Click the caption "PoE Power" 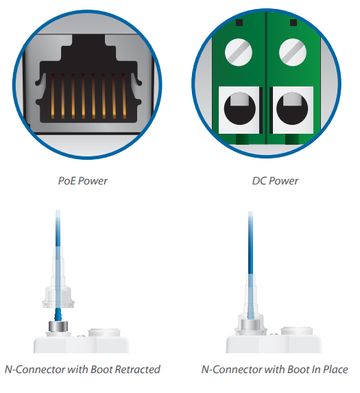click(x=83, y=180)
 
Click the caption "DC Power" click(x=275, y=180)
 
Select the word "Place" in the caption click(x=335, y=369)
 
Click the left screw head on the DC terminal click(x=238, y=52)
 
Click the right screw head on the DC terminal click(x=292, y=52)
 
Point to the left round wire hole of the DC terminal click(x=239, y=108)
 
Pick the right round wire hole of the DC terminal click(x=292, y=108)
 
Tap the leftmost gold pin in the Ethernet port click(x=53, y=96)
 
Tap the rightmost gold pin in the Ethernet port click(x=123, y=96)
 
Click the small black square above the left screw click(x=239, y=23)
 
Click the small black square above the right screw click(x=293, y=23)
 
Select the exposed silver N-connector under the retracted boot click(x=58, y=326)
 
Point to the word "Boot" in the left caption click(x=101, y=369)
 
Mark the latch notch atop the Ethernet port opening click(x=88, y=41)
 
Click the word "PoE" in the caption click(x=67, y=180)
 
